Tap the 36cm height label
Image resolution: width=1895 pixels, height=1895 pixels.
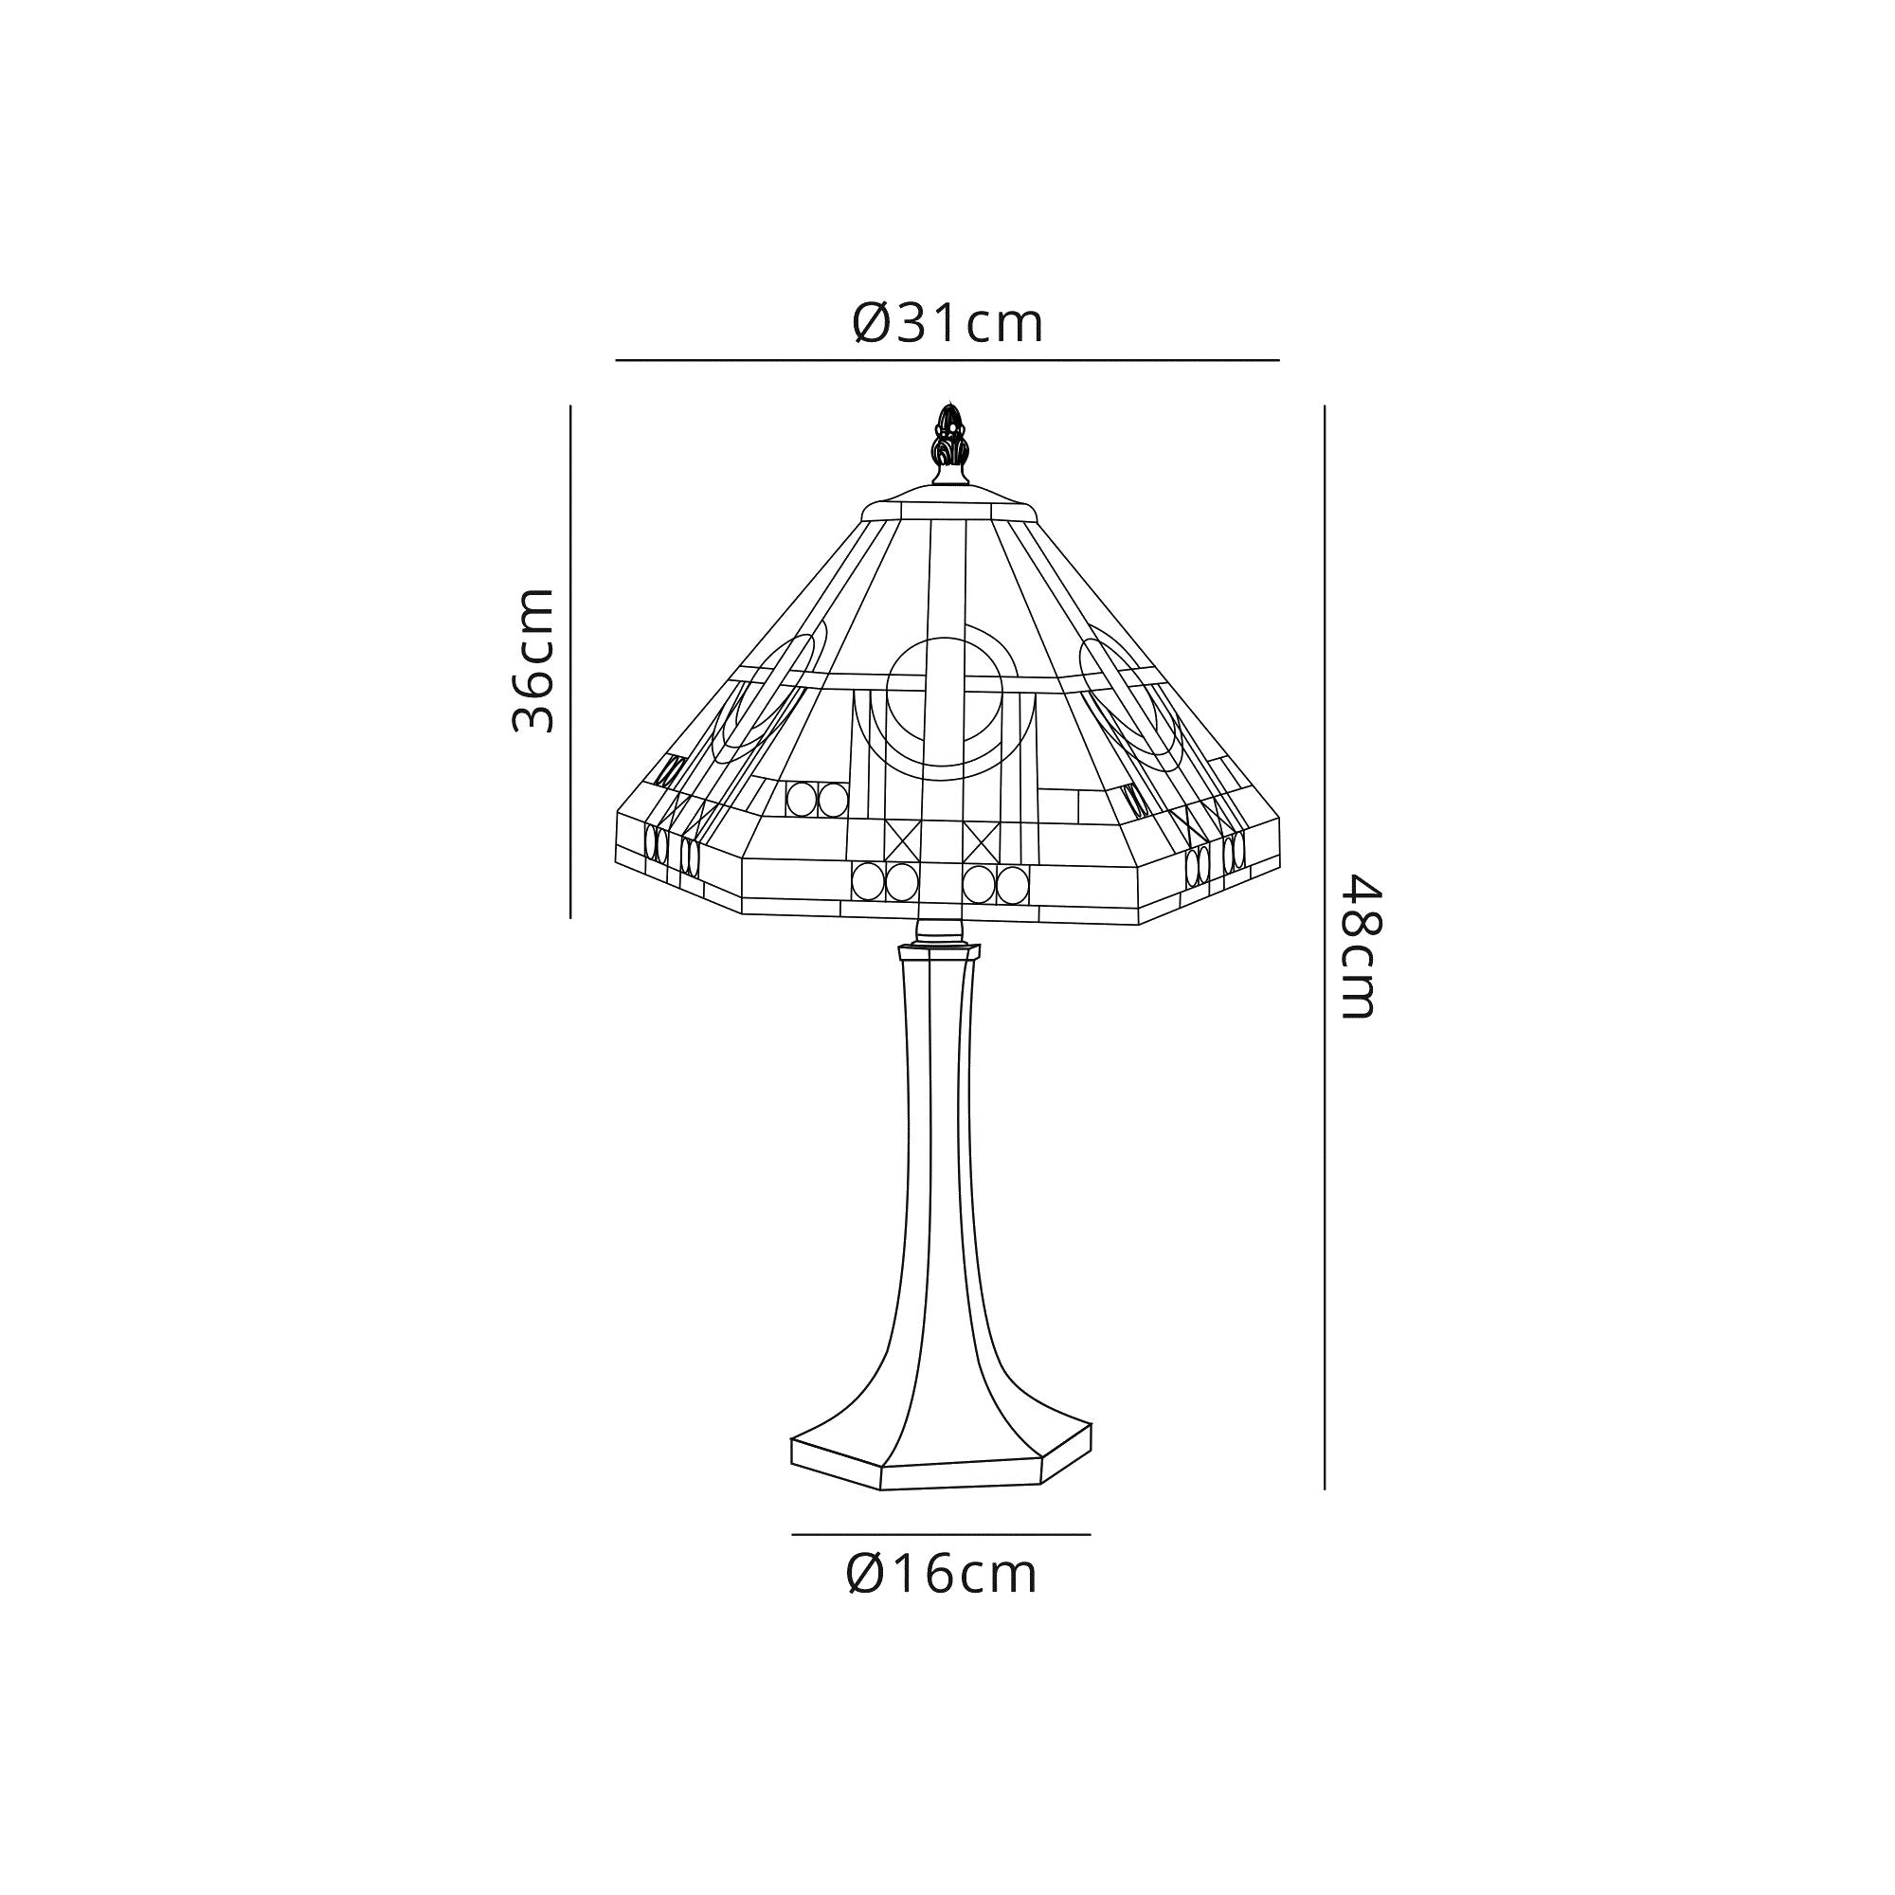coord(533,660)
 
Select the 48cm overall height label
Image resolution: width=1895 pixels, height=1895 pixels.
coord(1362,947)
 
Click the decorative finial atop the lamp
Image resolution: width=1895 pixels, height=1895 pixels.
coord(947,443)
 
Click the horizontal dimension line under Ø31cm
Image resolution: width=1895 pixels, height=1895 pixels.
coord(947,360)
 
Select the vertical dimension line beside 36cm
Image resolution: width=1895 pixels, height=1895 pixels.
coord(569,662)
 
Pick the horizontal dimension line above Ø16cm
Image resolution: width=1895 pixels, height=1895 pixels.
coord(942,1534)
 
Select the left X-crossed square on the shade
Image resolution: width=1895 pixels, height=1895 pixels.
coord(901,840)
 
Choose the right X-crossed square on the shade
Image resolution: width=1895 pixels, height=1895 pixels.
coord(982,840)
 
